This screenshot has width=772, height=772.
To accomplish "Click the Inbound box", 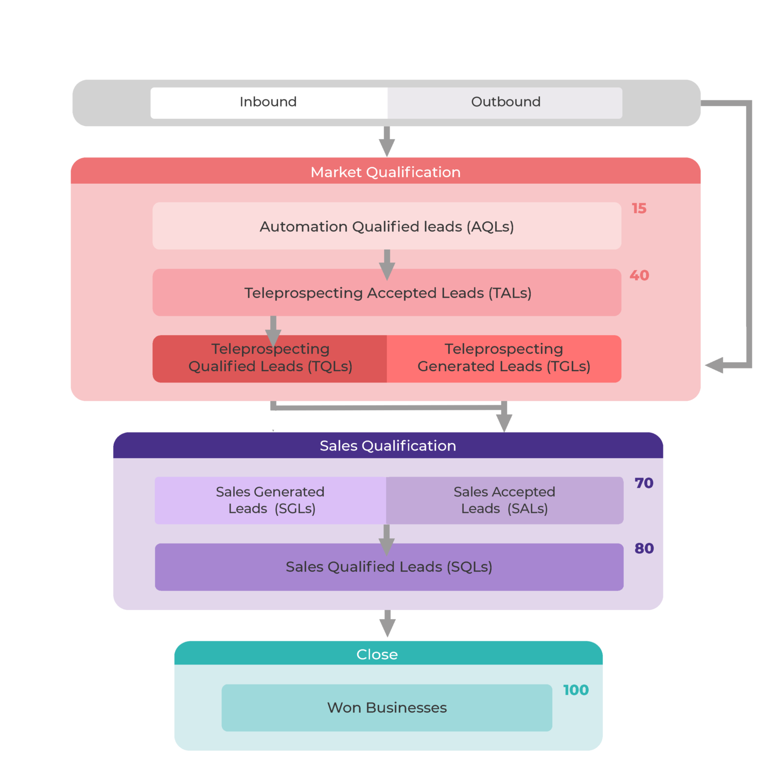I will click(x=269, y=102).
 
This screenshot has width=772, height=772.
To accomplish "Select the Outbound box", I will click(x=505, y=102).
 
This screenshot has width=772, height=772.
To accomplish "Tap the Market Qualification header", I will click(x=385, y=171).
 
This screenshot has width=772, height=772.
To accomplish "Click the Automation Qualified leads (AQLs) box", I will click(x=387, y=226).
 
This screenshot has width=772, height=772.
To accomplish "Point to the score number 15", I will click(x=639, y=208).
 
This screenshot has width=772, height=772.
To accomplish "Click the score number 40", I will click(x=639, y=275).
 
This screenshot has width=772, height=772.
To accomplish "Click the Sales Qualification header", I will click(x=388, y=445).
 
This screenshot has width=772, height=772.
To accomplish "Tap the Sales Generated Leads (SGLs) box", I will click(x=270, y=500).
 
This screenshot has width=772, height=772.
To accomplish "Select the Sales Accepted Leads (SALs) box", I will click(x=504, y=500).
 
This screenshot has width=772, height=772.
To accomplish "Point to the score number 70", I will click(x=643, y=483).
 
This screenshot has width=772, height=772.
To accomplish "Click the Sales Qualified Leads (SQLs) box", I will click(x=389, y=567).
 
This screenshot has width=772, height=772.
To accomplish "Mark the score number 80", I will click(x=644, y=549).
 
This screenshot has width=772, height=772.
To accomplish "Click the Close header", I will click(x=377, y=654).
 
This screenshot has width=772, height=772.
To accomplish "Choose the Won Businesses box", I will click(x=387, y=708).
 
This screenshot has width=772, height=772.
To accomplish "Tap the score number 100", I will click(x=575, y=690).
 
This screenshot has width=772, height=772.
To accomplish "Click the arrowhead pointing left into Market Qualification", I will click(x=714, y=365).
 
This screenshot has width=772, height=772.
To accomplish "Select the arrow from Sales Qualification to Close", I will click(x=387, y=624).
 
